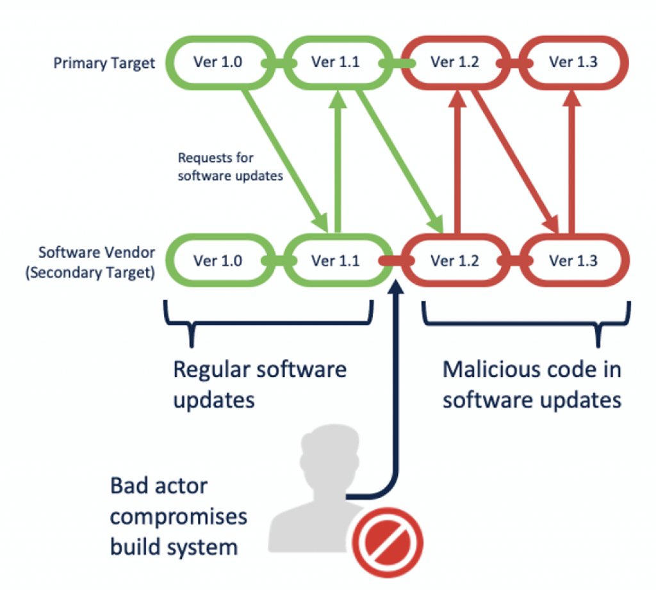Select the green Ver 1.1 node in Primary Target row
[x=335, y=63]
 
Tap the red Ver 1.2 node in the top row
[x=455, y=63]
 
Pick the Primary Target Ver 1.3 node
[x=573, y=63]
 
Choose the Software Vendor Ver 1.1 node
[x=335, y=261]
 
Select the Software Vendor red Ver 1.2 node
[x=455, y=261]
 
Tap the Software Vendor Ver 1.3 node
[x=573, y=261]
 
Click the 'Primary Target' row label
[x=104, y=63]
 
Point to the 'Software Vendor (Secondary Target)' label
[x=96, y=262]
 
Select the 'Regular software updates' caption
[x=259, y=384]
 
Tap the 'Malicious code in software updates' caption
[x=532, y=384]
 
